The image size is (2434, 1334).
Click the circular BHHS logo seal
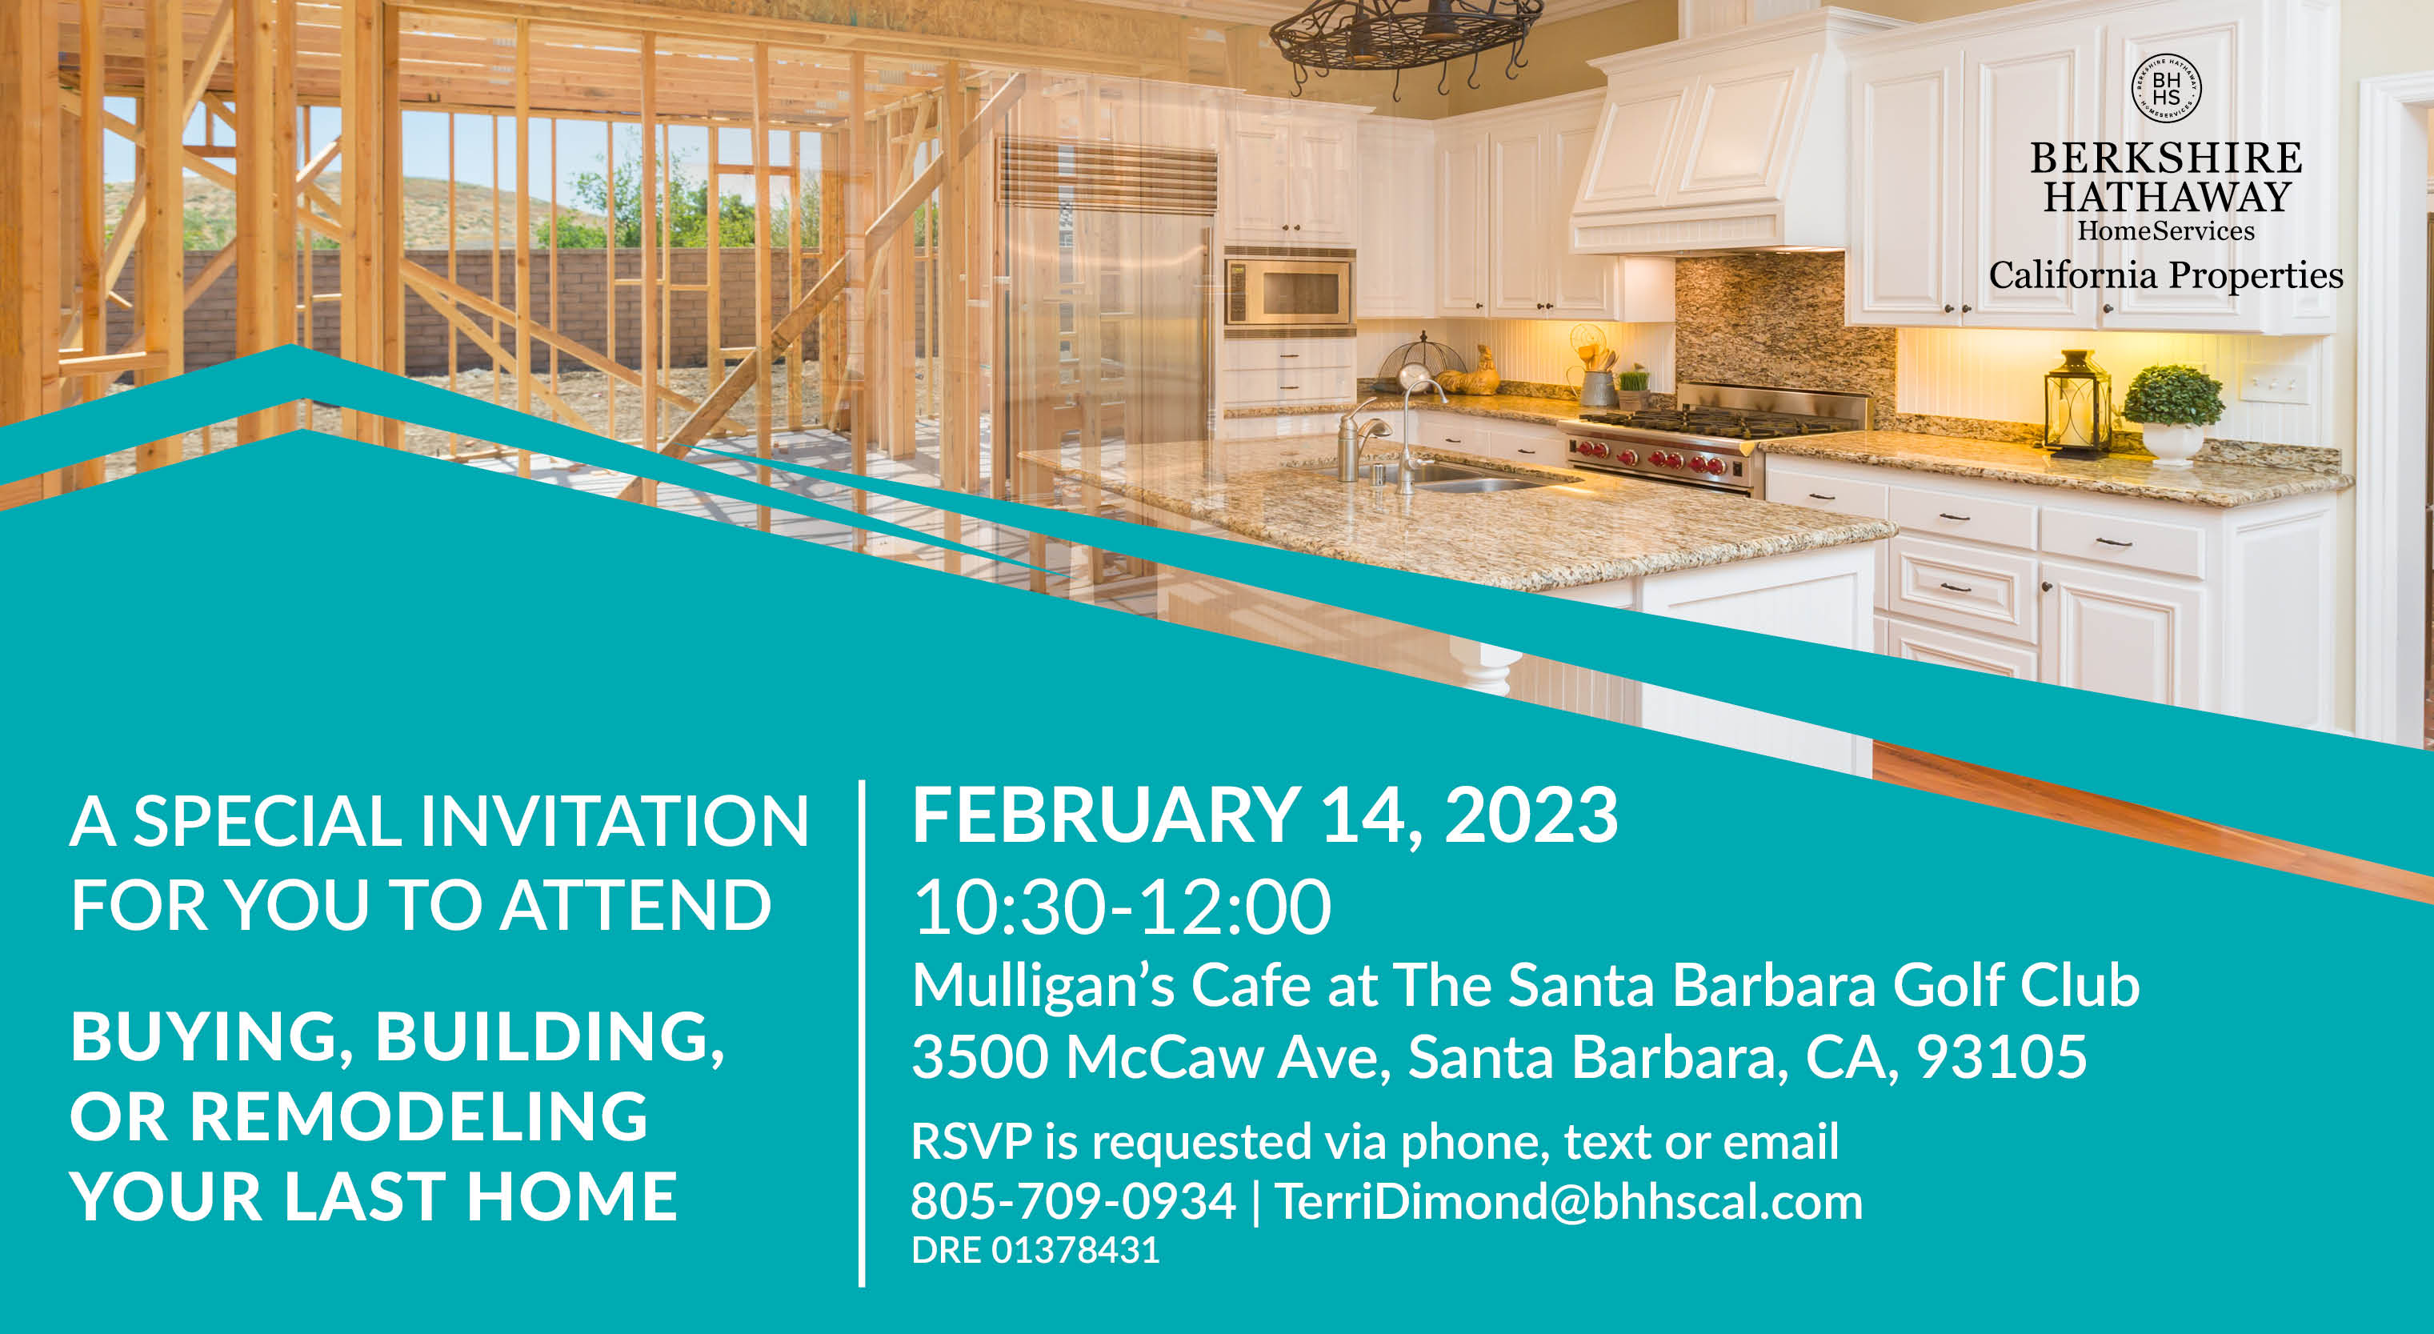click(x=2166, y=88)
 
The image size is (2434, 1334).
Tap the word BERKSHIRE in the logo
click(x=2166, y=158)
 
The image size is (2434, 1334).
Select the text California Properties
click(x=2166, y=275)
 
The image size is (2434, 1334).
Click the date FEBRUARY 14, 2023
click(x=1264, y=815)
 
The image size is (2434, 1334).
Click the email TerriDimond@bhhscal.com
click(x=1568, y=1201)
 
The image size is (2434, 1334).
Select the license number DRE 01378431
click(x=1035, y=1250)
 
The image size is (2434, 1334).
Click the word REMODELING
click(x=418, y=1116)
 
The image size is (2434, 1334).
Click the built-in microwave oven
click(x=1289, y=293)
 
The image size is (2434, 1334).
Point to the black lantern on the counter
click(x=2077, y=403)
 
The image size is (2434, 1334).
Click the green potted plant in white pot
click(x=2172, y=414)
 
